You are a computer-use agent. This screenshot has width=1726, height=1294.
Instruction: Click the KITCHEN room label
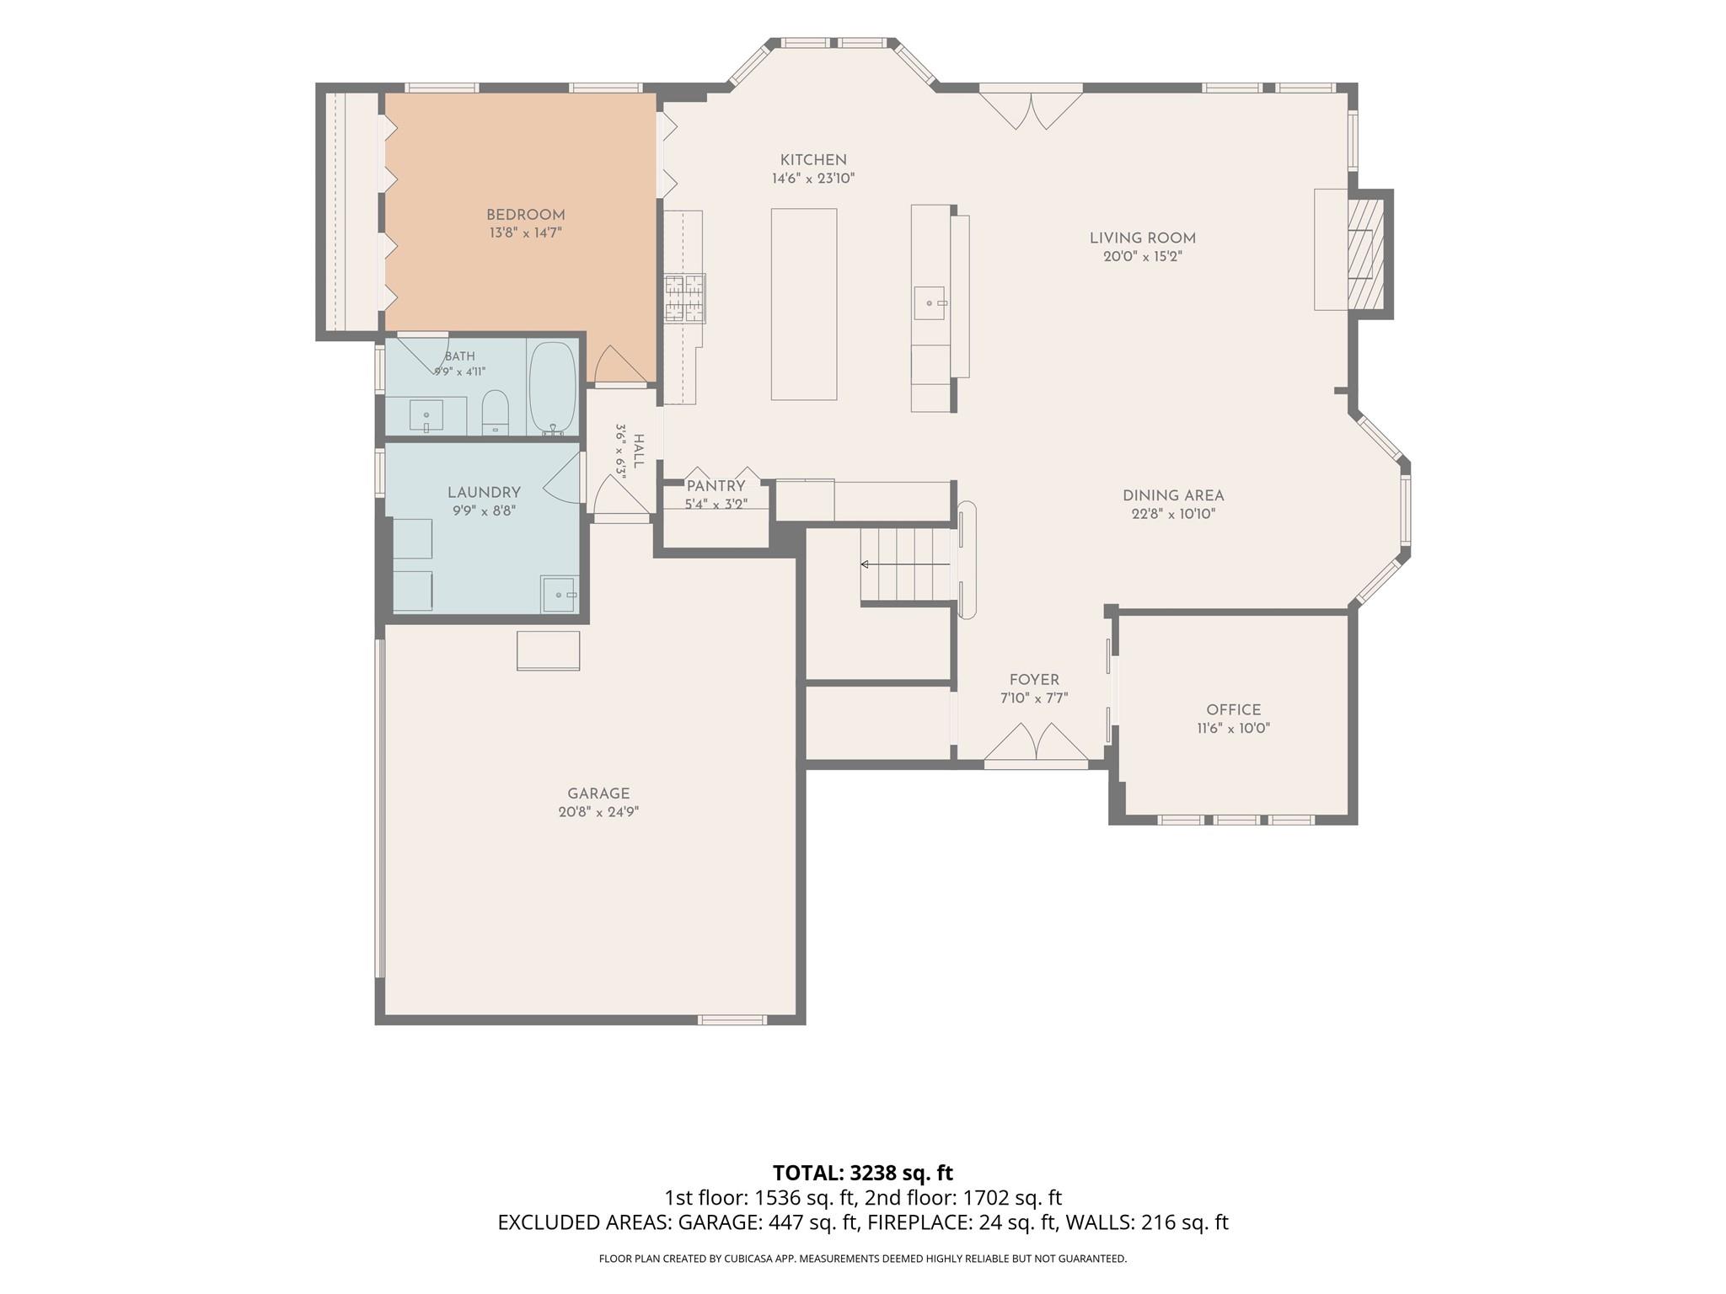813,160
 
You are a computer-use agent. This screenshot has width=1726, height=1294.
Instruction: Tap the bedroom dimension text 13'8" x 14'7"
526,233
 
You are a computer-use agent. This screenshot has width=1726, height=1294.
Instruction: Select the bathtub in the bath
552,388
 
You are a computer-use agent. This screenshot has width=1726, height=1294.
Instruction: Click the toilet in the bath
495,412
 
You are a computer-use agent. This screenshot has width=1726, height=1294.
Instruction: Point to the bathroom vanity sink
427,415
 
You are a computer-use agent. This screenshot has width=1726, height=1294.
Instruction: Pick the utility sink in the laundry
560,594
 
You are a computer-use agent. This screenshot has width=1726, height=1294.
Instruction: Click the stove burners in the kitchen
684,299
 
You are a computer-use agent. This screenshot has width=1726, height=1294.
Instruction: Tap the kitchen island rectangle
804,304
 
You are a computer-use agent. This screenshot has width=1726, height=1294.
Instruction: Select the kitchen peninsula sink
930,302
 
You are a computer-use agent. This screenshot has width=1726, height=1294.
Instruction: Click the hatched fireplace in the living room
1365,253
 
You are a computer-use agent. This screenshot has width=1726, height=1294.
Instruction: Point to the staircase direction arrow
905,564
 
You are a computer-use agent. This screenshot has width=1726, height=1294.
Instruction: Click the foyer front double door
1036,742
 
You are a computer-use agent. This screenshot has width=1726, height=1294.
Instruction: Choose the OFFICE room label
1234,710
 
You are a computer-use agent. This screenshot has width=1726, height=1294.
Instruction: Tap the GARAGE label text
598,794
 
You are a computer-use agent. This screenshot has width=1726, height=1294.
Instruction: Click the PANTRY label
716,486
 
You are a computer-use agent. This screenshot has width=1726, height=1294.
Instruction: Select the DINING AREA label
1173,495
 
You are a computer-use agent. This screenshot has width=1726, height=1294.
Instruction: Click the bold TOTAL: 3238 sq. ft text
863,1173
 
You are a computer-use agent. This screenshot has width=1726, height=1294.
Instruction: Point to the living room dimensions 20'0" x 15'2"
1143,257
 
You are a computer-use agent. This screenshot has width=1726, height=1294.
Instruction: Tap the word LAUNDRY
484,492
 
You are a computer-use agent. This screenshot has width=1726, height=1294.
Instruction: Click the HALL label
638,452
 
